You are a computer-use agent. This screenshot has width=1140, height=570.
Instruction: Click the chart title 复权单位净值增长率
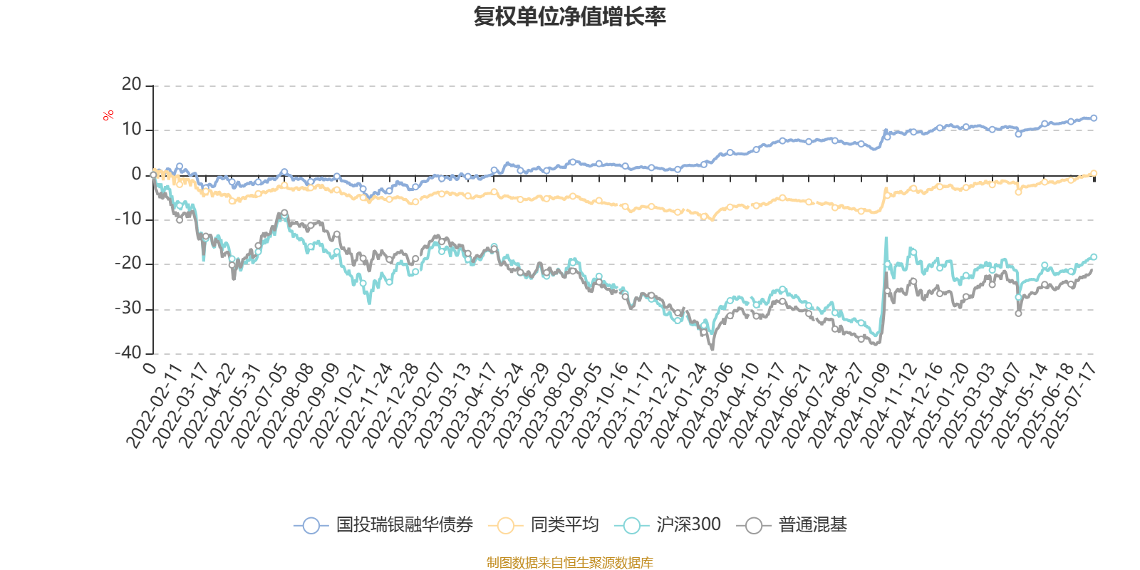(569, 16)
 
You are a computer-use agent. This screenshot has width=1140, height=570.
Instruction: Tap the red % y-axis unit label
(108, 115)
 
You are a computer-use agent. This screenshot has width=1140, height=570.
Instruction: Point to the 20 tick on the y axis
(132, 85)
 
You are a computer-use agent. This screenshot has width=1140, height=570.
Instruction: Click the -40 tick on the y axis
(128, 353)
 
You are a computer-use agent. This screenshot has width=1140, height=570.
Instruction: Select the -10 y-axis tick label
(128, 219)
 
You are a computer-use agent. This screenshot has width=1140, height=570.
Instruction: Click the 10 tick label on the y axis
(132, 130)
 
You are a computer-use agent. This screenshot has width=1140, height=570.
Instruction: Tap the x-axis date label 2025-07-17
(1069, 405)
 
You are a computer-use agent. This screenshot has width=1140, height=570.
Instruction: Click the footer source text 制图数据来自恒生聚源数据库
(569, 563)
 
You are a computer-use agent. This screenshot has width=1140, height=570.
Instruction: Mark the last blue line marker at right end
(1094, 118)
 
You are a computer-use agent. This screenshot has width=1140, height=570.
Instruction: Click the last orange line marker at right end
(1094, 173)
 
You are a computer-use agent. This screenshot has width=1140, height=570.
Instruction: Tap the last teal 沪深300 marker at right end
(1094, 256)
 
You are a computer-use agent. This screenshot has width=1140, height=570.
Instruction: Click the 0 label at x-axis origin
(149, 367)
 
